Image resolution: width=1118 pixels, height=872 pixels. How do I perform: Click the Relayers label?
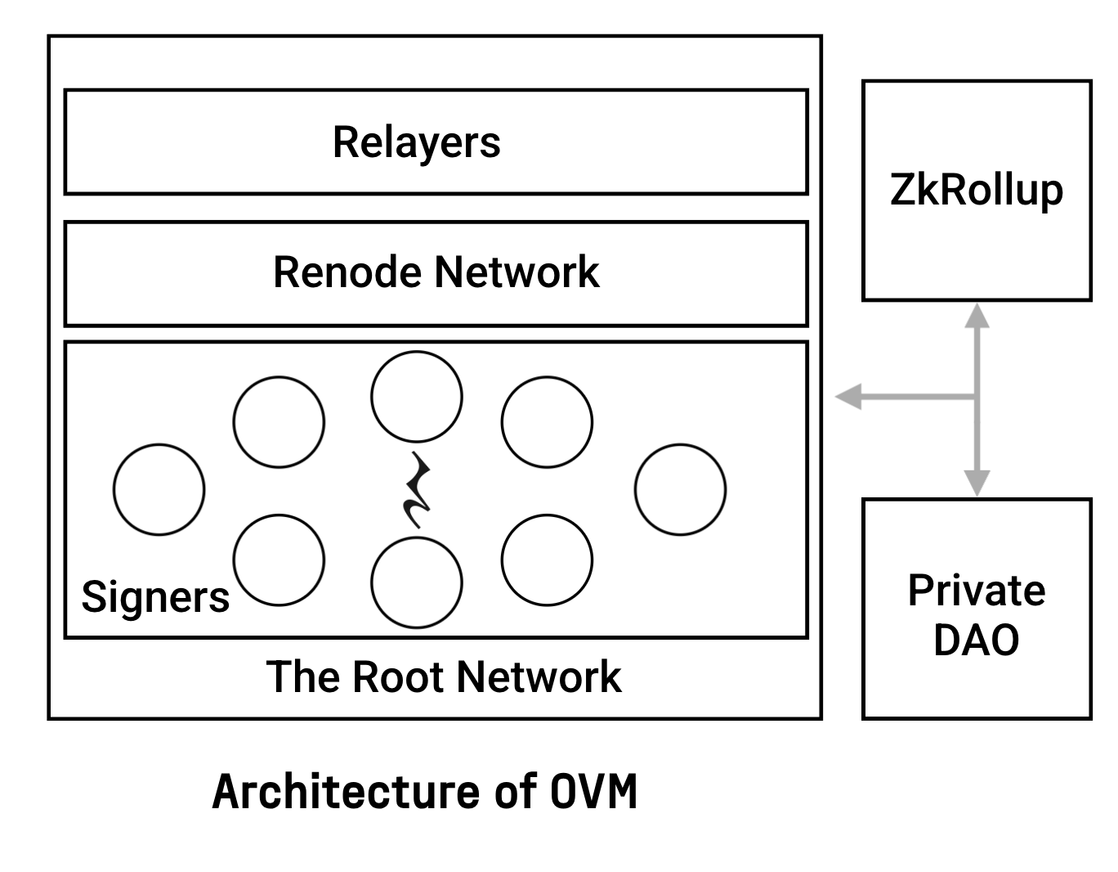pyautogui.click(x=416, y=142)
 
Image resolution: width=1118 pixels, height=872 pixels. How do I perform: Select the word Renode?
pyautogui.click(x=348, y=272)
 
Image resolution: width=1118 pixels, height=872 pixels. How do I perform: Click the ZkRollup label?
pyautogui.click(x=976, y=190)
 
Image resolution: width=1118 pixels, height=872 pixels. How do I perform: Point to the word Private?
pyautogui.click(x=976, y=591)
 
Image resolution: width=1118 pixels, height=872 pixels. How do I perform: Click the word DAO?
pyautogui.click(x=976, y=640)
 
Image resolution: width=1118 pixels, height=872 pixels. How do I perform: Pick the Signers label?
pyautogui.click(x=155, y=596)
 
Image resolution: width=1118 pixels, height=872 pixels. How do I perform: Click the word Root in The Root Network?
pyautogui.click(x=400, y=677)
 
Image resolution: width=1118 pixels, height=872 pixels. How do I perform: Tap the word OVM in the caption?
pyautogui.click(x=593, y=792)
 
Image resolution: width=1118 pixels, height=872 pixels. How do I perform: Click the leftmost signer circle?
pyautogui.click(x=159, y=490)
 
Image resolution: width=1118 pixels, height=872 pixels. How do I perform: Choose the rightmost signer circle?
pyautogui.click(x=680, y=490)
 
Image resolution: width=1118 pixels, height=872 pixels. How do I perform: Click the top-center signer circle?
pyautogui.click(x=416, y=397)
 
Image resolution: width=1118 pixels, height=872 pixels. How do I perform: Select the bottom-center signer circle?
pyautogui.click(x=416, y=582)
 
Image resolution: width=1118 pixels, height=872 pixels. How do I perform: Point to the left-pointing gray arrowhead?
pyautogui.click(x=847, y=398)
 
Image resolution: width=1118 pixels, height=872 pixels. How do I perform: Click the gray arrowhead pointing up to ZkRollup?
pyautogui.click(x=977, y=315)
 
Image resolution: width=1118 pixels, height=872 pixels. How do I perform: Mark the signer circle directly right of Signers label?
pyautogui.click(x=279, y=560)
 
